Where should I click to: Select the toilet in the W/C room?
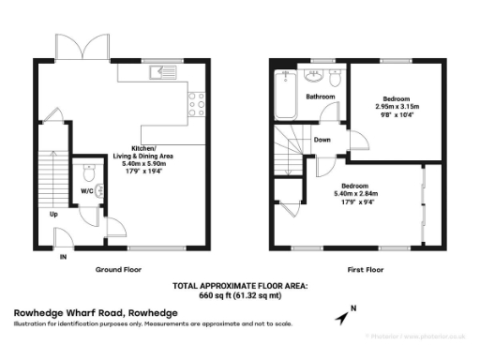88,172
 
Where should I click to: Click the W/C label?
86,190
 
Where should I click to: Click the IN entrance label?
64,256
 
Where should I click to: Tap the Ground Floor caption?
118,269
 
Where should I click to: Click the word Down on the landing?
322,139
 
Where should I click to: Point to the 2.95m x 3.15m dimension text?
397,107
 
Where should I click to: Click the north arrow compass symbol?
347,312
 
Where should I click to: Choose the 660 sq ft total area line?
239,292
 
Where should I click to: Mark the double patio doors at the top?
82,48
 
